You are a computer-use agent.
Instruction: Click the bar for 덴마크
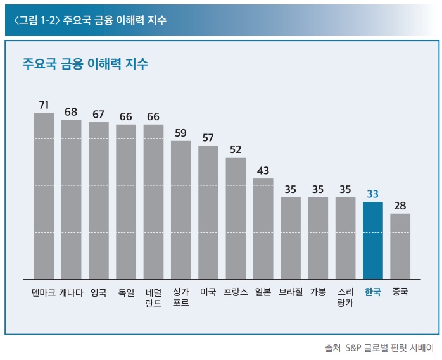click(44, 196)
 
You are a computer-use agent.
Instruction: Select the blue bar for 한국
click(372, 240)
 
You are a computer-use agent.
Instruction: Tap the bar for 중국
click(400, 246)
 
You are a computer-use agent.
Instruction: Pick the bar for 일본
click(263, 228)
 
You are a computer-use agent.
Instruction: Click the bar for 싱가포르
click(181, 209)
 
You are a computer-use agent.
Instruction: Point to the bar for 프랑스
click(236, 218)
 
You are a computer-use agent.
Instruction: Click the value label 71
click(44, 104)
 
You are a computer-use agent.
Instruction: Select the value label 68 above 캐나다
click(71, 111)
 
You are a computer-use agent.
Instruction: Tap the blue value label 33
click(372, 194)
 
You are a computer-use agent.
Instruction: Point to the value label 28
click(400, 206)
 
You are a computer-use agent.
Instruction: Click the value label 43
click(263, 170)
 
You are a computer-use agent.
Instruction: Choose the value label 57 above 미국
click(208, 137)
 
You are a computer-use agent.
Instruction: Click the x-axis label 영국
click(98, 292)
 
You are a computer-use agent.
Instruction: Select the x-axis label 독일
click(126, 292)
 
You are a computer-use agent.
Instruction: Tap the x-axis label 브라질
click(291, 292)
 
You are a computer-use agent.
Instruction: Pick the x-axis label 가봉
click(318, 292)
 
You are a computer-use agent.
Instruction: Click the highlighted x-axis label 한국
click(372, 292)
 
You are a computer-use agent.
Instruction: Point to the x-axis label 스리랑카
click(345, 297)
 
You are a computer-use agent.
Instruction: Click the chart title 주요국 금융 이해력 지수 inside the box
click(85, 64)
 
